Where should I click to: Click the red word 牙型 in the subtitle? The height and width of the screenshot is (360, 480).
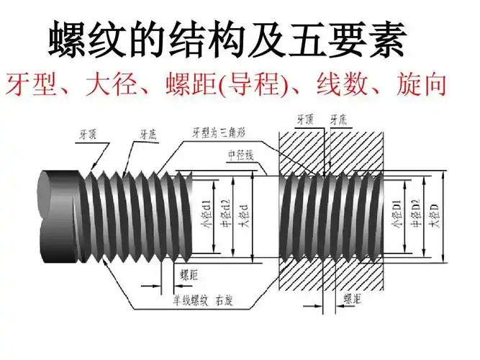tap(30, 85)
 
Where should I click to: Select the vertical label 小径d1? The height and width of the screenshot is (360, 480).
tap(207, 214)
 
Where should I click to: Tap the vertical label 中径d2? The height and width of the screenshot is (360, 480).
tap(225, 214)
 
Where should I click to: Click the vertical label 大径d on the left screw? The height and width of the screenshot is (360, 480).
tap(245, 214)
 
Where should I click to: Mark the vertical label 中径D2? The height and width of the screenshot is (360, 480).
tap(415, 214)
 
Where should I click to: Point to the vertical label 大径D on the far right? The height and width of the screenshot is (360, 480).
tap(434, 214)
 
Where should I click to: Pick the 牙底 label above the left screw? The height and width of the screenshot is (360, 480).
tap(148, 134)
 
